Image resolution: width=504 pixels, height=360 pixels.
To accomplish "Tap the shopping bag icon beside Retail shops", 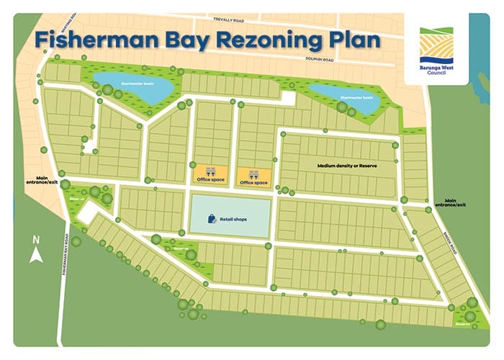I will click(x=208, y=218).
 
